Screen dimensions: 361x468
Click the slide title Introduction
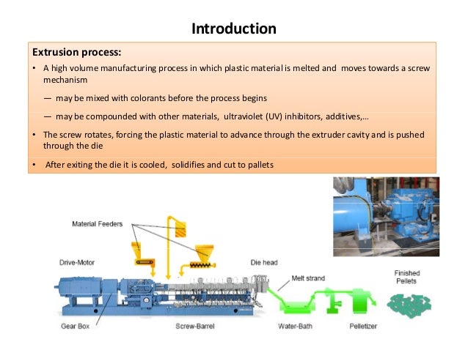233,29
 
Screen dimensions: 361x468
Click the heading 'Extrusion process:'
76,53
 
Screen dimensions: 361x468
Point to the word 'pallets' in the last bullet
257,164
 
